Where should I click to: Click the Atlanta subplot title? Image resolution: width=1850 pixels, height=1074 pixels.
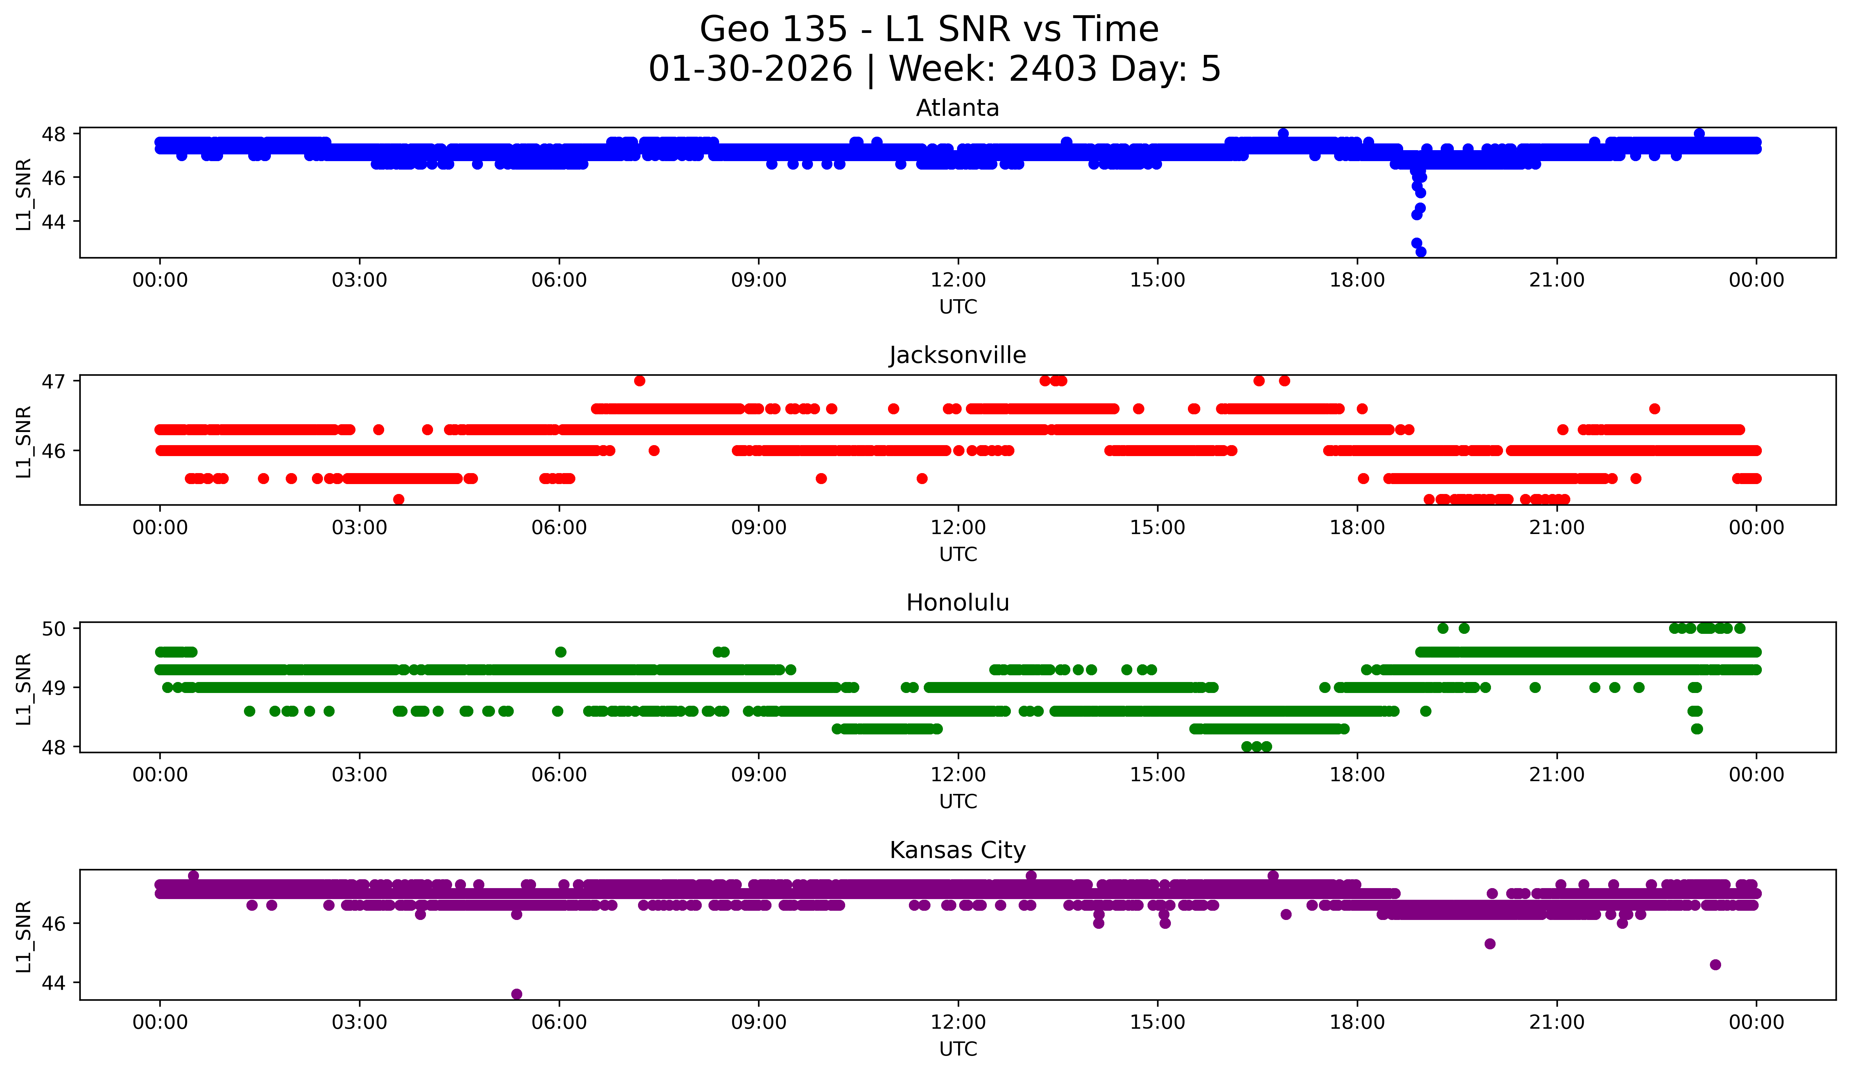coord(957,108)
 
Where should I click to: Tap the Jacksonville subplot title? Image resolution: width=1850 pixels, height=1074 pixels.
coord(957,355)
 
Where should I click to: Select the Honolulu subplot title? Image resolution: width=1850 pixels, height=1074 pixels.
coord(957,603)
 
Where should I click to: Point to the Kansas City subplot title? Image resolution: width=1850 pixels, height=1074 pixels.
coord(957,850)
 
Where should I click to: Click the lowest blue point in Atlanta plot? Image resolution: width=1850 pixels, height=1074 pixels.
coord(1421,252)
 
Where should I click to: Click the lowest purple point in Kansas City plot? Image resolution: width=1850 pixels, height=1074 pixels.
coord(517,994)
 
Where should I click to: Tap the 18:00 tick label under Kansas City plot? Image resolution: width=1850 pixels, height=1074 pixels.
coord(1357,1022)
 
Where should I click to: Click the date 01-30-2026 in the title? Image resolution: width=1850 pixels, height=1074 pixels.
coord(750,69)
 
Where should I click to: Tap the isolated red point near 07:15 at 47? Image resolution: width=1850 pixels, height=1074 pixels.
coord(639,380)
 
